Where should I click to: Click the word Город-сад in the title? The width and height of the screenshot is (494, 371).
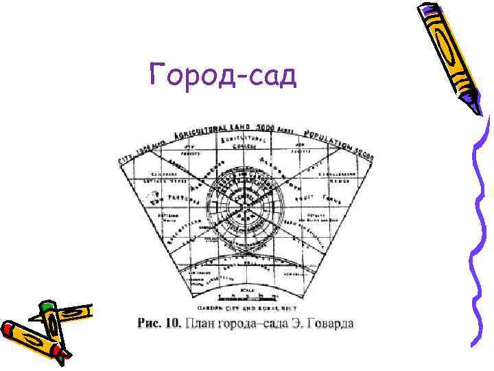pyautogui.click(x=223, y=74)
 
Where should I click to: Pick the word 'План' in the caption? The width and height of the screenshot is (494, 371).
pyautogui.click(x=200, y=323)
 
